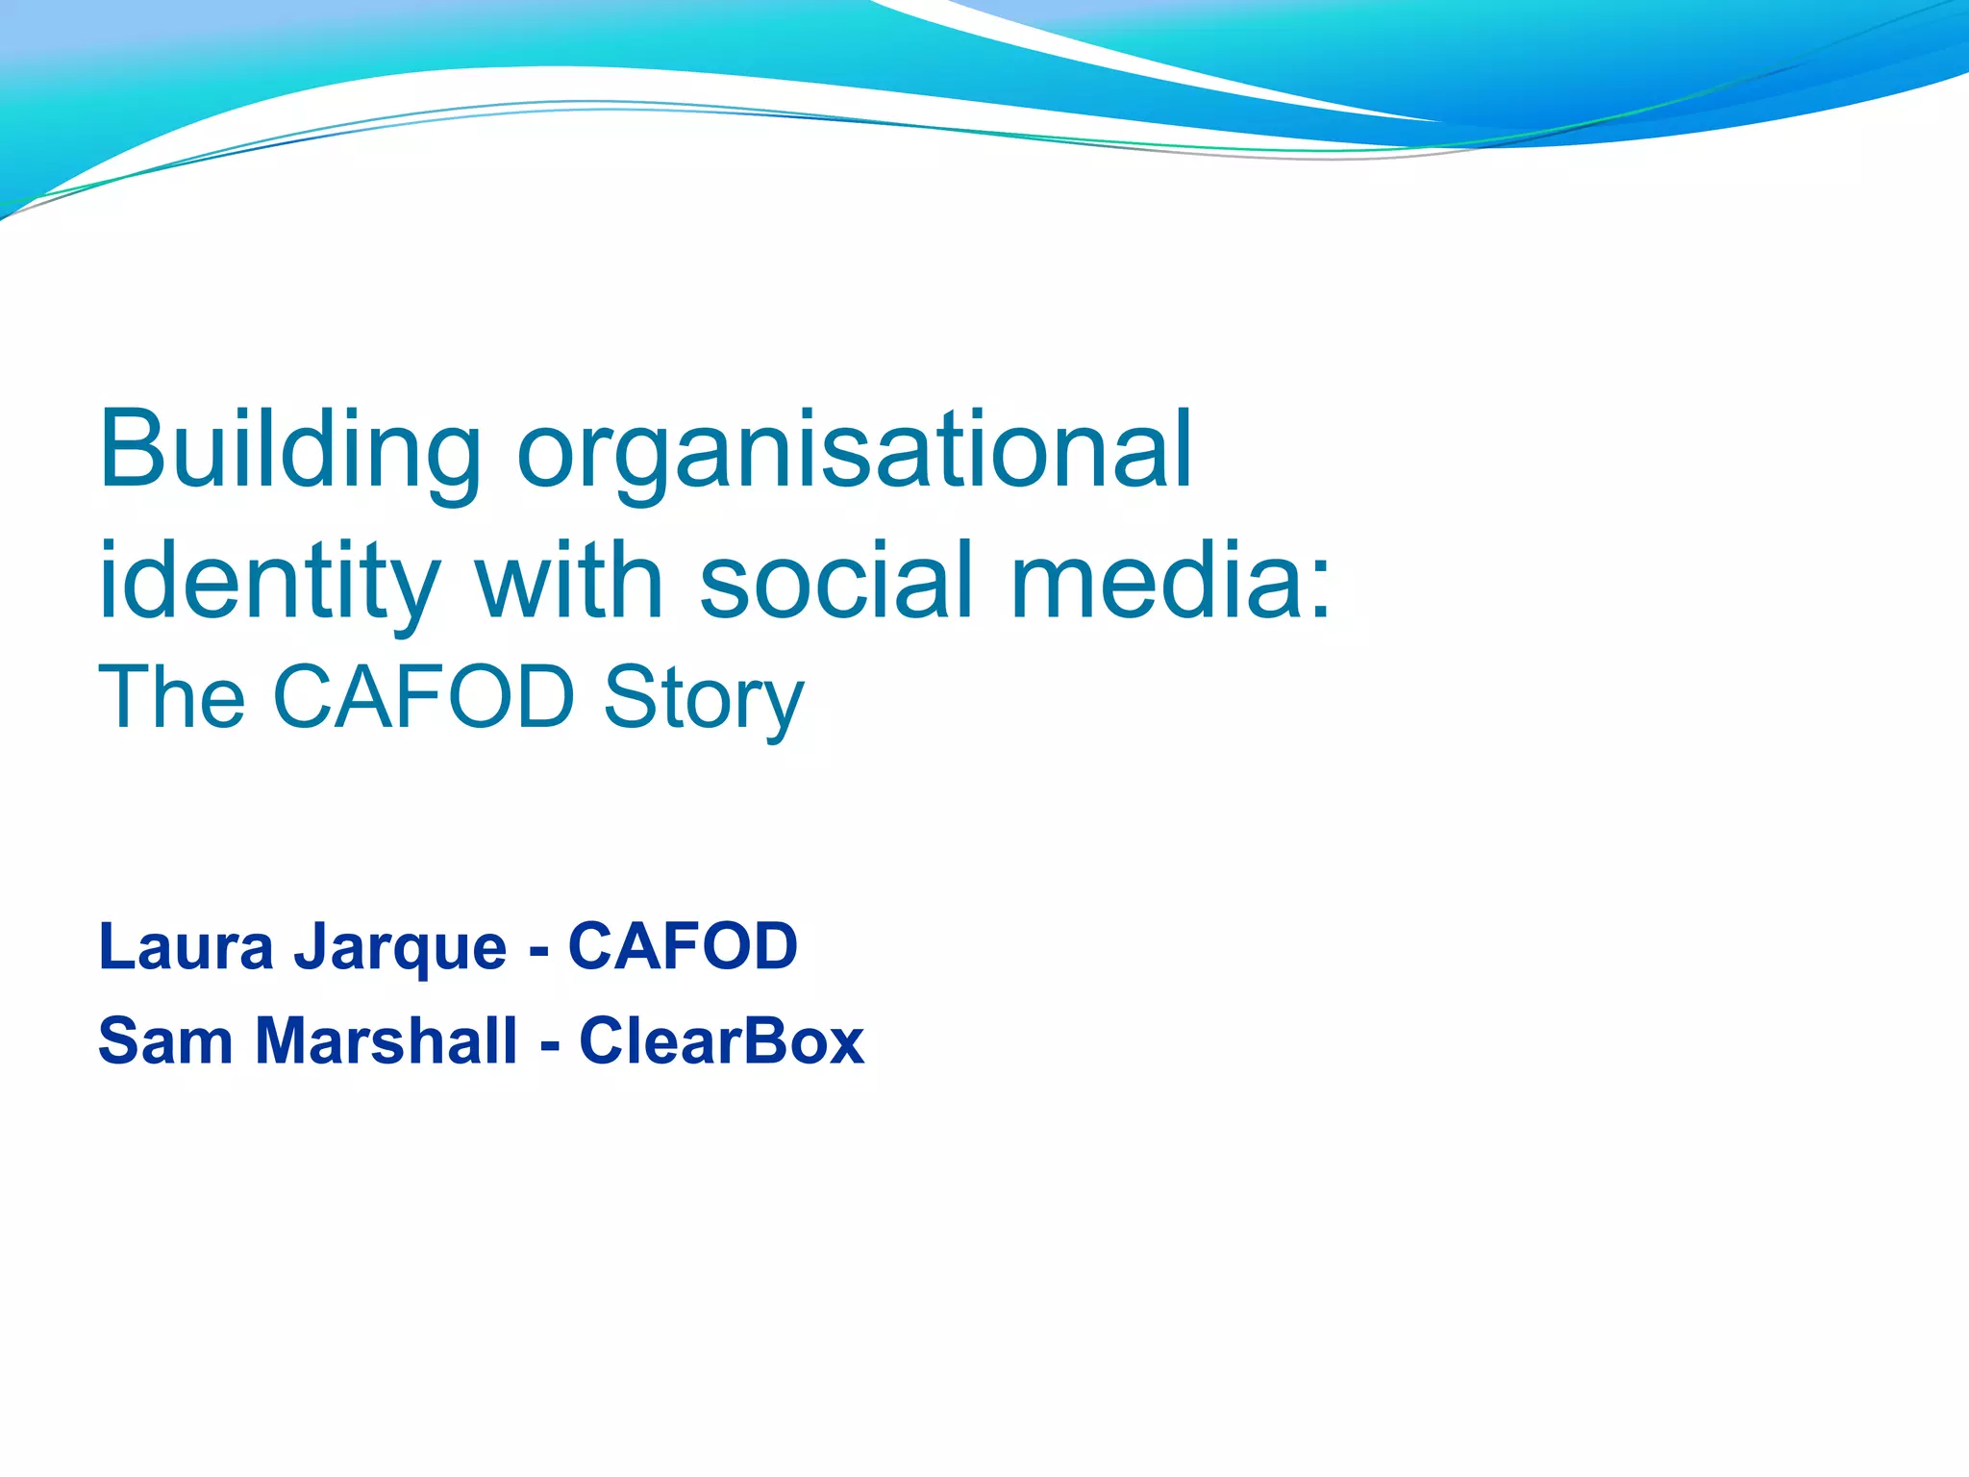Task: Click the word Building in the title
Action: point(289,452)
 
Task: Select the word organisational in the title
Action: point(855,452)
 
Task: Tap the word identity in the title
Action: point(269,583)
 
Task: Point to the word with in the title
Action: point(569,581)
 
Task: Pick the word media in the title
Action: point(1154,581)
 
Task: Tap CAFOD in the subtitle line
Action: point(424,696)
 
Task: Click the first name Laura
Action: point(187,946)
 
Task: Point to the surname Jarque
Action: point(400,948)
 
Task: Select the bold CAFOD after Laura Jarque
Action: point(683,946)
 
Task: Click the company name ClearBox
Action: point(721,1041)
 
